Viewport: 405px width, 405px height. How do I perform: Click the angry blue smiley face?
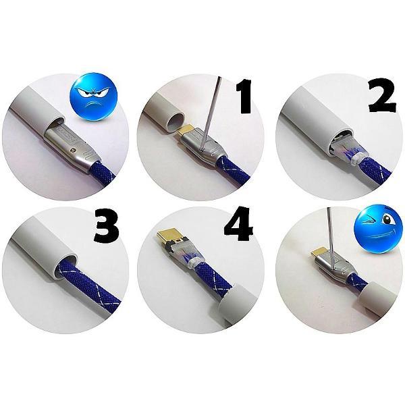point(94,97)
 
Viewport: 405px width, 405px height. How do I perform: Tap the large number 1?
point(243,96)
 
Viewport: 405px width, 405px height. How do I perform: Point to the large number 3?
point(107,225)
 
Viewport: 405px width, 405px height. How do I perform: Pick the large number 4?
point(238,223)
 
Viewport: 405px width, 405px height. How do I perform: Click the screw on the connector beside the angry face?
point(74,149)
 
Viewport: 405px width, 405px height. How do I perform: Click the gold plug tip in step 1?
point(186,130)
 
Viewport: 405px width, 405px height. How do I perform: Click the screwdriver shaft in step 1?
point(210,113)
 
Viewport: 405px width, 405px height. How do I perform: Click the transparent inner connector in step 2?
point(346,149)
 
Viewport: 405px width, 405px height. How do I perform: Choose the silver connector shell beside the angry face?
point(70,147)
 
